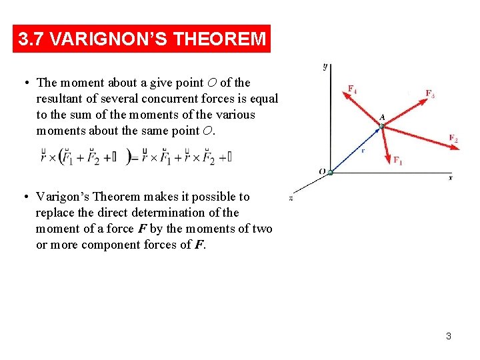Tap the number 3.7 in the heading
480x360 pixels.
coord(32,39)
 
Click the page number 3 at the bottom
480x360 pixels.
coord(448,336)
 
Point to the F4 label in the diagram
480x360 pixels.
coord(352,89)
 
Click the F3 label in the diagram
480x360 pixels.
coord(430,93)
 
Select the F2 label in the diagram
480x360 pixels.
coord(453,139)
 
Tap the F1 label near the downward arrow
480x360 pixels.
coord(397,160)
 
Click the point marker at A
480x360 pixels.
coord(382,125)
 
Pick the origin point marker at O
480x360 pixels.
coord(329,172)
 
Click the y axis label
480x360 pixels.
coord(324,66)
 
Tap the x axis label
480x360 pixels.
coord(450,177)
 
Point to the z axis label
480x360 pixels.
coord(291,198)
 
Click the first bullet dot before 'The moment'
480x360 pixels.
coord(23,83)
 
